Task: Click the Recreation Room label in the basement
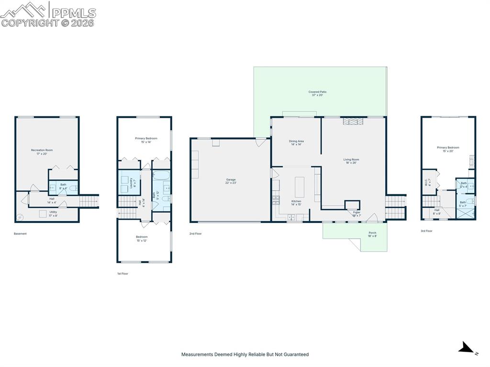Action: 42,152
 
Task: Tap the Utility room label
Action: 53,213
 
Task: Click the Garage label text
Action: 231,181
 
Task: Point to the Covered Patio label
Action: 317,93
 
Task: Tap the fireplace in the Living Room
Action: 353,122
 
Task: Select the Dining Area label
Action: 296,143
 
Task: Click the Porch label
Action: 372,234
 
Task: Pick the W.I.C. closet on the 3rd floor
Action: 429,182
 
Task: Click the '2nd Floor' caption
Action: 196,234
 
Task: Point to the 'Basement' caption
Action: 20,234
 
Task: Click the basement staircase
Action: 89,201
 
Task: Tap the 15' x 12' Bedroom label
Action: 142,238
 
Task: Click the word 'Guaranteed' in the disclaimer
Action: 295,355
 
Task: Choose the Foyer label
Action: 356,213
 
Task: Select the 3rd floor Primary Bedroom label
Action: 448,149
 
